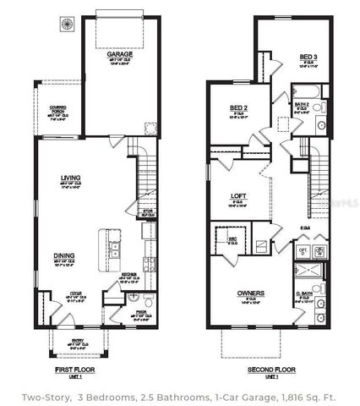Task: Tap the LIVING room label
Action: (x=70, y=178)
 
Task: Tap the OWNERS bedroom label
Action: (x=250, y=294)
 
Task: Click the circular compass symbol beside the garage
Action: (x=63, y=25)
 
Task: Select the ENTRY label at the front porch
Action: (x=78, y=340)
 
